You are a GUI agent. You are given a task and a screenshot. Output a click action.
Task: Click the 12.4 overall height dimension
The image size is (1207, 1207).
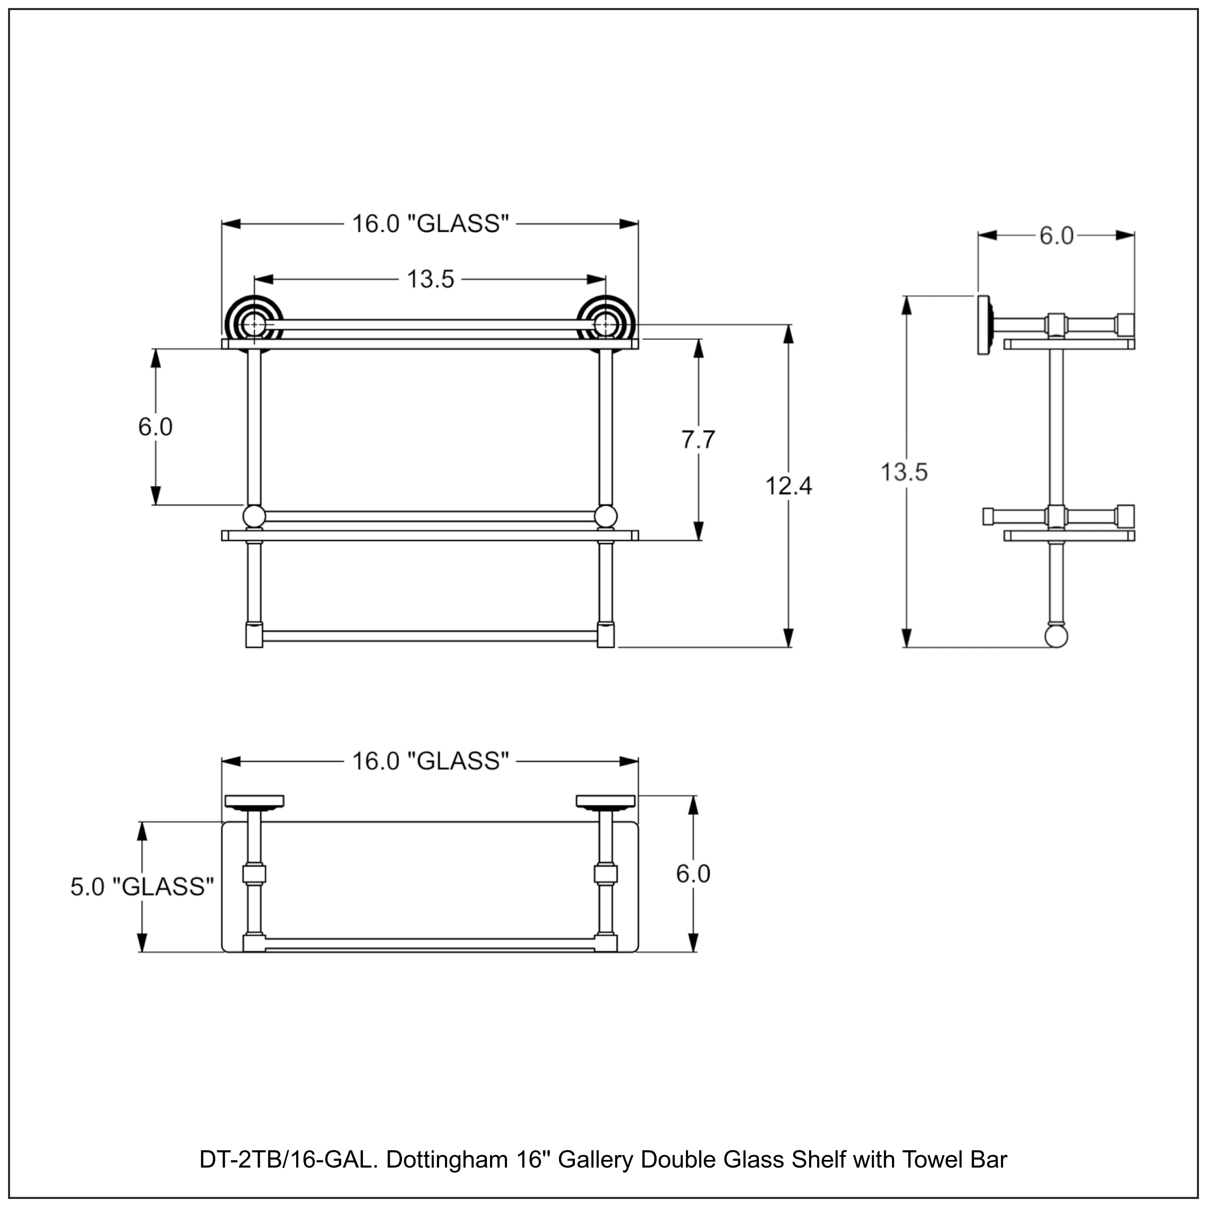click(789, 486)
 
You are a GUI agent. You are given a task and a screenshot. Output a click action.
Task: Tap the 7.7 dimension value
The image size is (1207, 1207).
click(698, 440)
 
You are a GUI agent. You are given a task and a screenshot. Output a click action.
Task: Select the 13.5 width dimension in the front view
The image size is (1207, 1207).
click(430, 279)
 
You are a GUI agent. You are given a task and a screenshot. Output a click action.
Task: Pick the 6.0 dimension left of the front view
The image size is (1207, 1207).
click(155, 427)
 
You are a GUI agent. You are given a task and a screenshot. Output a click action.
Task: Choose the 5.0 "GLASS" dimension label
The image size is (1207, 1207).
click(142, 886)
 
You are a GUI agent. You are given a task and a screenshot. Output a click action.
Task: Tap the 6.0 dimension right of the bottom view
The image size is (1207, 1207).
click(693, 873)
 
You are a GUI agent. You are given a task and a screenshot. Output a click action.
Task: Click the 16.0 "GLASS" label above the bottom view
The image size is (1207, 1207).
click(430, 761)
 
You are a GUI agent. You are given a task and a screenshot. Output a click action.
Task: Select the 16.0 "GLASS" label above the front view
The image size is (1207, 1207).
click(430, 224)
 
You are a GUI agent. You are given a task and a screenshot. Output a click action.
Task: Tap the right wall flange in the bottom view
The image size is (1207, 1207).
click(605, 801)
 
